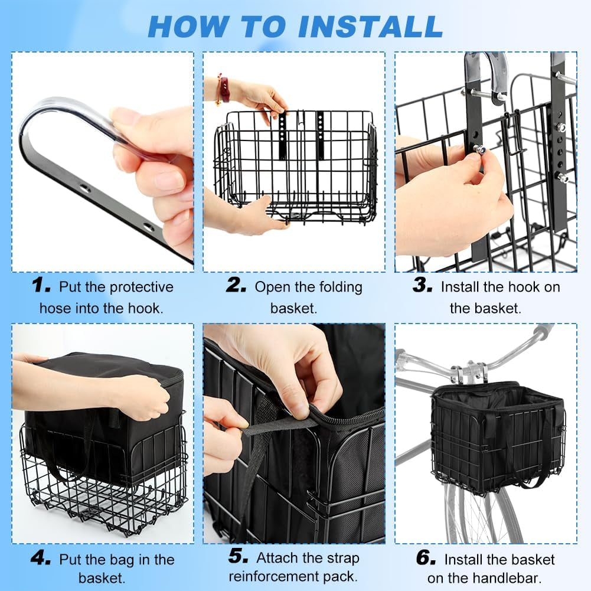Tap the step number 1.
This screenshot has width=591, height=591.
pos(41,285)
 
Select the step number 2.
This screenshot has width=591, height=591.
pos(236,285)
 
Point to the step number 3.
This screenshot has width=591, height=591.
pos(422,285)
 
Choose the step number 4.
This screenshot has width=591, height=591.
pos(41,557)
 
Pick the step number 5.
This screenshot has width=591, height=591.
pos(238,556)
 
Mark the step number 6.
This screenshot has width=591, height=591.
pos(426,557)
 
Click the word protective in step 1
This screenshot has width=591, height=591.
pos(141,288)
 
